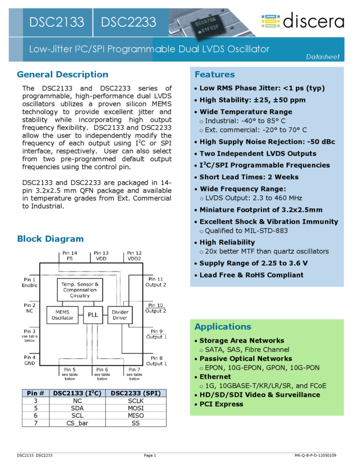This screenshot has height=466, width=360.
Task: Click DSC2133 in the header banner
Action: coord(57,22)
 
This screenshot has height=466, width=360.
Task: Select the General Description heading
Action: coord(62,75)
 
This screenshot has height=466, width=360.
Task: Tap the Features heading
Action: coord(214,75)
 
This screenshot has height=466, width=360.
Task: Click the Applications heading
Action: coord(222,327)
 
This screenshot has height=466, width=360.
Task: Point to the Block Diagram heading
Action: coord(50,238)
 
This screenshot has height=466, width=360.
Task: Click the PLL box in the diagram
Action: coord(93,314)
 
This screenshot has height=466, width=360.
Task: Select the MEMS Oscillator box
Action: coord(62,314)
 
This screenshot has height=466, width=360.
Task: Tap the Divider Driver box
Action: coord(119,314)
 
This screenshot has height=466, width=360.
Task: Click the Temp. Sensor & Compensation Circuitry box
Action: coord(79,289)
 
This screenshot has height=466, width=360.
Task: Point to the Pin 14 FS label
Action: coord(70,255)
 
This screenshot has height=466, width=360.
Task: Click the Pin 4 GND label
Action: coord(30,360)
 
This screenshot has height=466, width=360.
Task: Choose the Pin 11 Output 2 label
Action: coord(156,282)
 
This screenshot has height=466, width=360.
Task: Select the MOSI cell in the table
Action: coord(135,408)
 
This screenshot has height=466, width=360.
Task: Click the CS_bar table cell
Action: coord(77,423)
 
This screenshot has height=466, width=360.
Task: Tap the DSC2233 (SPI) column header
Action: coord(135,393)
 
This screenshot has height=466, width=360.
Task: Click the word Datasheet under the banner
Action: coord(323,56)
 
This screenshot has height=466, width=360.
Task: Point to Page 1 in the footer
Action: coord(150,455)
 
